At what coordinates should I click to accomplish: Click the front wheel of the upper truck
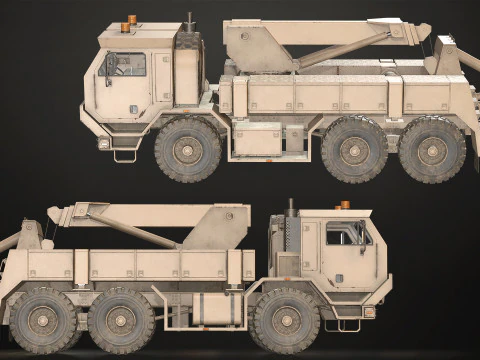coord(187,149)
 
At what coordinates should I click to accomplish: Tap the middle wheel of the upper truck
coord(354,149)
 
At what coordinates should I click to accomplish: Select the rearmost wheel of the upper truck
coord(432,149)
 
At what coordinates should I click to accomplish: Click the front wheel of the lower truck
coord(286,320)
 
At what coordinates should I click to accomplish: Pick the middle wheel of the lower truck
coord(120,320)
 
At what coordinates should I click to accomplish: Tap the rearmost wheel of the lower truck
coord(42,320)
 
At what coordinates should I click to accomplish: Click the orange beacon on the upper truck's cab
coord(131,21)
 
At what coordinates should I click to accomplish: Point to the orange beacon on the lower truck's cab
coord(345,205)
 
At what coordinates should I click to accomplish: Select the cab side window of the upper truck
coord(122,65)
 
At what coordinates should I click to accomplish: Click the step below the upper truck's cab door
coord(126,155)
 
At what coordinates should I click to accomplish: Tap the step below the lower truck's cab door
coord(349,324)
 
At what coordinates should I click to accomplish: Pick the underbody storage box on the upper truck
coord(257,139)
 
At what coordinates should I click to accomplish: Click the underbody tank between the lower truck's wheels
coord(218,309)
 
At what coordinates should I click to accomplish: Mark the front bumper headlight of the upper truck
coord(104,143)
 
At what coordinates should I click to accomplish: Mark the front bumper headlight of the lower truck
coord(369,312)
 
